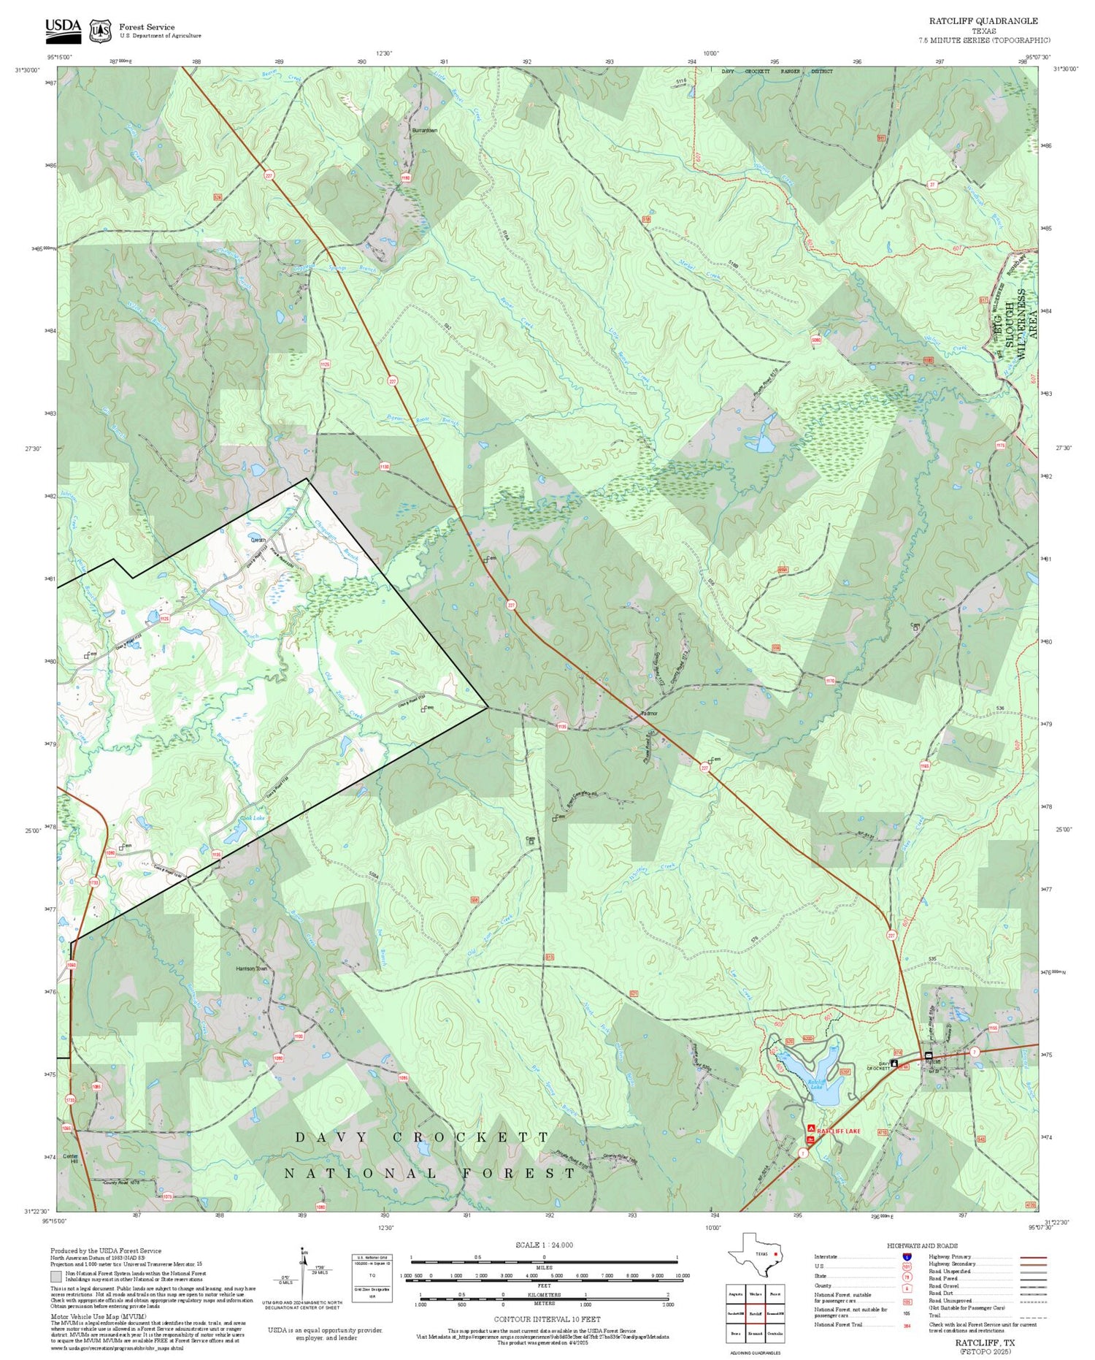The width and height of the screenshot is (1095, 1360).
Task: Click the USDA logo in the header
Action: pyautogui.click(x=63, y=28)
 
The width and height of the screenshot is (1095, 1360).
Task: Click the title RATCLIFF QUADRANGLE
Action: pyautogui.click(x=983, y=20)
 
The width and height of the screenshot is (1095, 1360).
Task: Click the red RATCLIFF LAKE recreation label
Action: pyautogui.click(x=838, y=1131)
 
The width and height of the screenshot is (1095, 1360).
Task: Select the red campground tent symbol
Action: pyautogui.click(x=810, y=1129)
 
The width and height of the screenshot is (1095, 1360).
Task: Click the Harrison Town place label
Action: pyautogui.click(x=252, y=969)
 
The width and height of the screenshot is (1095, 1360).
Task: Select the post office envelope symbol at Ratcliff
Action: pyautogui.click(x=929, y=1055)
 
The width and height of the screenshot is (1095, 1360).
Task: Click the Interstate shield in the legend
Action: pyautogui.click(x=907, y=1256)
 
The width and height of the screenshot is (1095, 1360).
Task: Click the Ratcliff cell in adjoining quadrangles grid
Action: pyautogui.click(x=756, y=1314)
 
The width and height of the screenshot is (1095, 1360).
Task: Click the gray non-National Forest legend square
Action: pyautogui.click(x=56, y=1277)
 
